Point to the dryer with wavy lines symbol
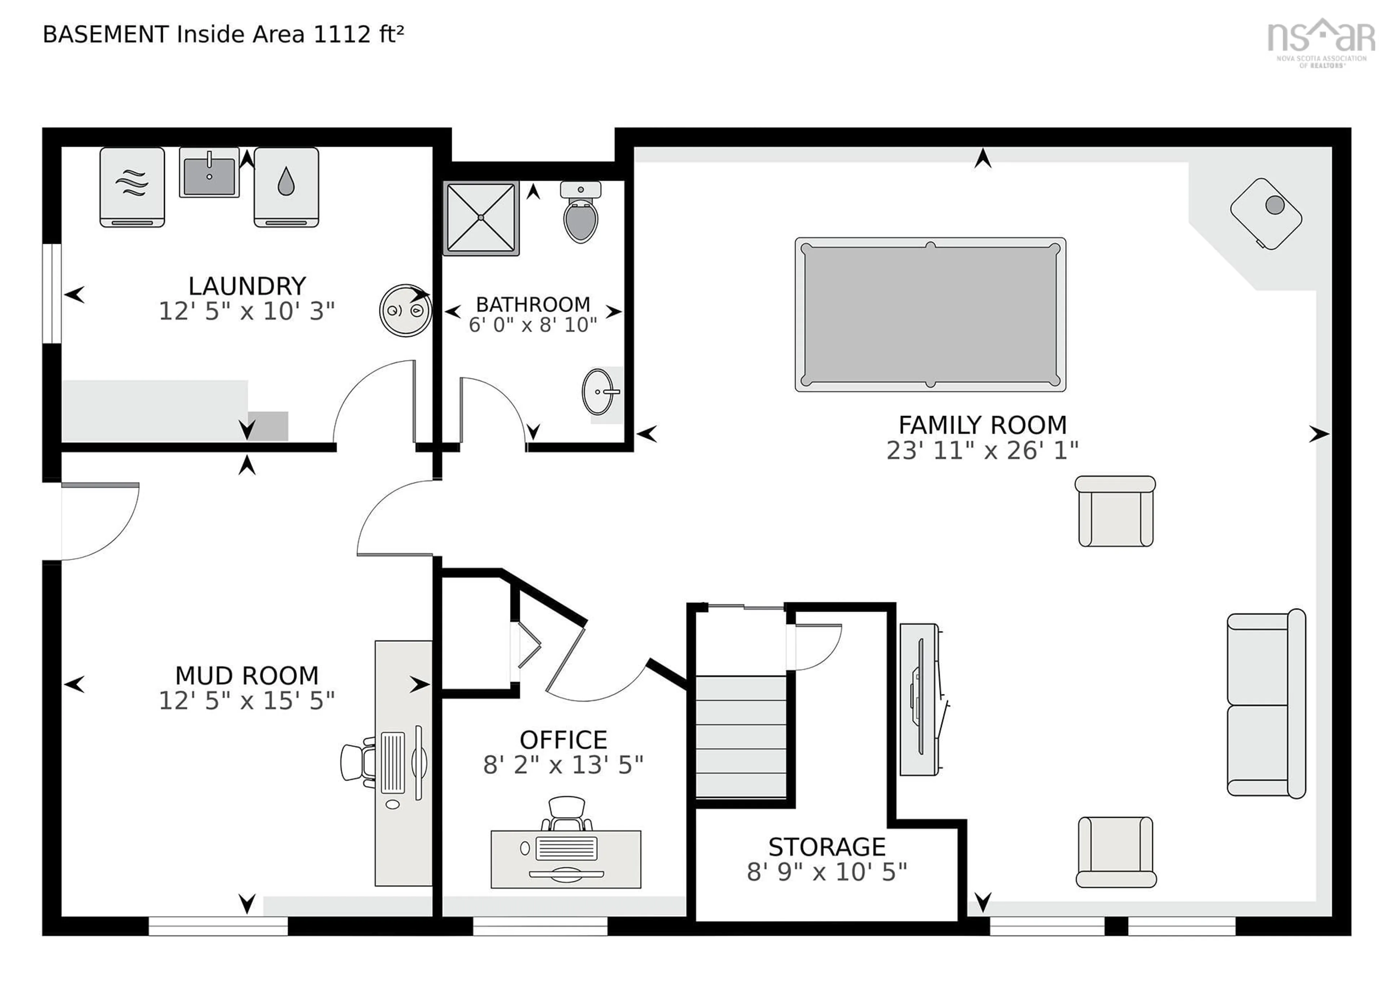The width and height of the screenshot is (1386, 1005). point(132,187)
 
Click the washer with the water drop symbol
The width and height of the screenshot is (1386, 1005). point(286,187)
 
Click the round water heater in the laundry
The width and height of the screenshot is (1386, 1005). point(405,310)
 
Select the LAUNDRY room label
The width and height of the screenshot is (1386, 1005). point(247,286)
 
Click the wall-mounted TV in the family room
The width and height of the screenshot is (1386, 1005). point(919,699)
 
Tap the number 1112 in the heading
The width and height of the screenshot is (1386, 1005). point(341,34)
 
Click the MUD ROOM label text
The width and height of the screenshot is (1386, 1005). point(247,676)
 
